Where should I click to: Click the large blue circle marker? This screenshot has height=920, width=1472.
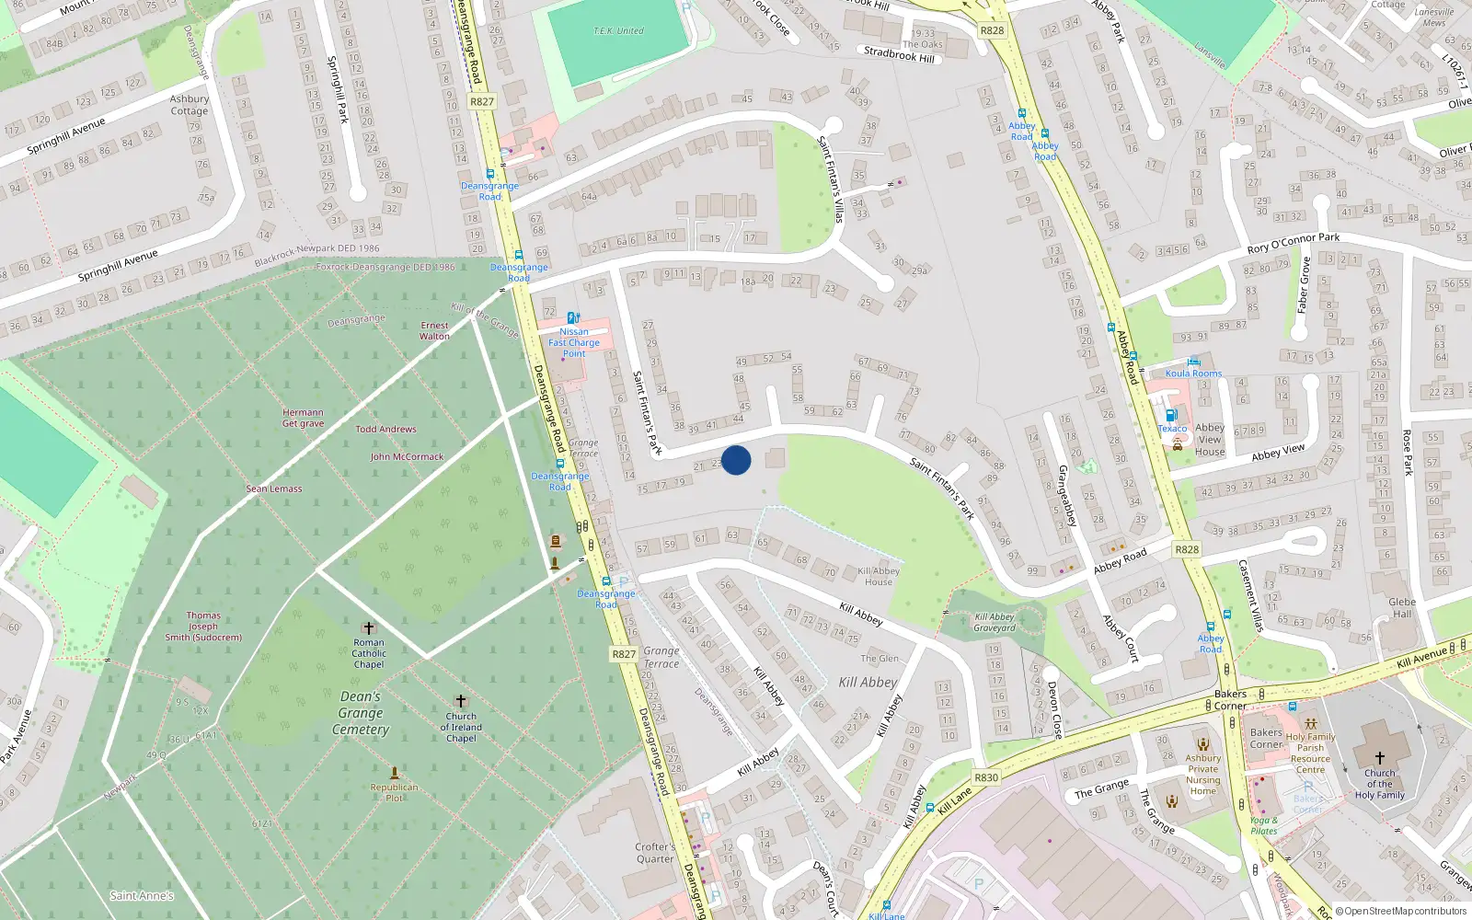[x=736, y=460]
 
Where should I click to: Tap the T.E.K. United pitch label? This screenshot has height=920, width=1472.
[x=618, y=31]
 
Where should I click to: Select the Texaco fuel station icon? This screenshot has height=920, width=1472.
[x=1171, y=415]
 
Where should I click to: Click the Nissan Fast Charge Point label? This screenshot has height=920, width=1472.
[x=574, y=342]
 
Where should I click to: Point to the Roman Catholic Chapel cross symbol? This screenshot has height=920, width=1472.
[x=369, y=627]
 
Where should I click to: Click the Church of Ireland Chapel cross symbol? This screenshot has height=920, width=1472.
[x=461, y=701]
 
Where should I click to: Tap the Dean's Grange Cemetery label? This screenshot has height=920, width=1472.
[x=361, y=713]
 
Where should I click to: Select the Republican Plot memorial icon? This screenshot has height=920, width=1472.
[x=395, y=773]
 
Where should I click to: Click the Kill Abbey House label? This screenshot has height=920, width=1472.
[x=879, y=576]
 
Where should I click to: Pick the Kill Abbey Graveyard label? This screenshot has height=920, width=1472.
[x=995, y=623]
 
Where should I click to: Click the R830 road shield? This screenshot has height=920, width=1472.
[x=986, y=777]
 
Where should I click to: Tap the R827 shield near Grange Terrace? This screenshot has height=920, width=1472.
[x=624, y=654]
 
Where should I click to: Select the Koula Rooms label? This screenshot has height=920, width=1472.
[x=1193, y=374]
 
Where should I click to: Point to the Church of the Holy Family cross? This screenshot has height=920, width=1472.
[x=1379, y=758]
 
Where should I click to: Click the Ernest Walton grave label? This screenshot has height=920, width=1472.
[x=435, y=330]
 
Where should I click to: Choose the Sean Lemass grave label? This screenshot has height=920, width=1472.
[x=274, y=489]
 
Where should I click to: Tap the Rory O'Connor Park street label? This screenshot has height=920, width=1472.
[x=1293, y=243]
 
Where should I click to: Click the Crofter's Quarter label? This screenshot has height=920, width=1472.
[x=655, y=853]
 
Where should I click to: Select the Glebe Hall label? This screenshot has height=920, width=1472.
[x=1402, y=608]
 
